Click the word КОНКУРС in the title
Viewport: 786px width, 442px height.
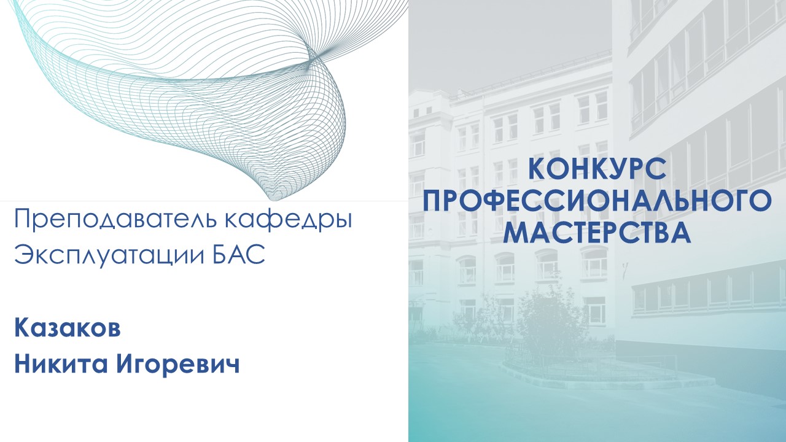coord(597,169)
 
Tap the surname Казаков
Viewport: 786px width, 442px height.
coord(68,328)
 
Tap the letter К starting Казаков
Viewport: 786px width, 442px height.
coord(21,328)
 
